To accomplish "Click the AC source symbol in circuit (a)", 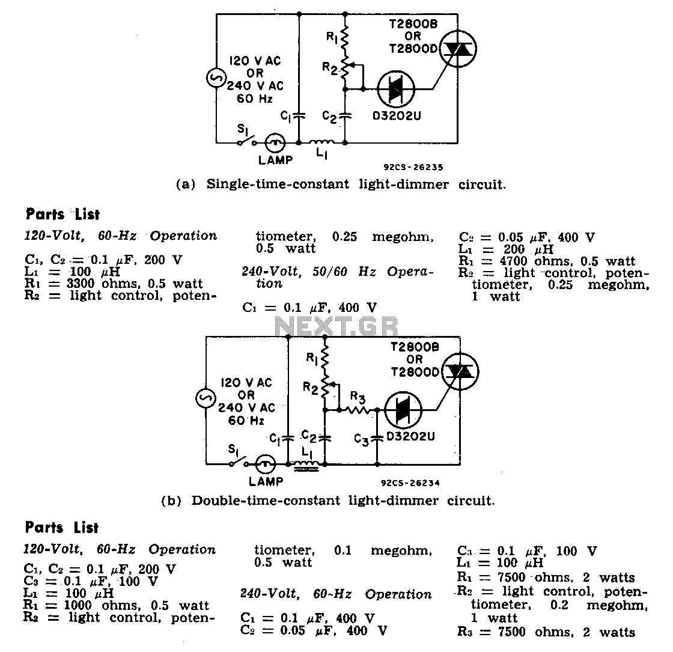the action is (216, 78).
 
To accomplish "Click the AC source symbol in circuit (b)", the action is (206, 398).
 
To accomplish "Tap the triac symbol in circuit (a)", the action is (458, 49).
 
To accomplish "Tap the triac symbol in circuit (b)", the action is (460, 371).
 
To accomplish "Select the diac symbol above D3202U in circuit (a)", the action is (396, 90).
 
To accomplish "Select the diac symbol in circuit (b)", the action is (403, 410).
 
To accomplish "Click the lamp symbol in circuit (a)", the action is (275, 142).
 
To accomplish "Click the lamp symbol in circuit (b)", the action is (266, 464).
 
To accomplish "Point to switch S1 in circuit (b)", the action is (239, 460).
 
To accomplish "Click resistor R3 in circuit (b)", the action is (357, 410).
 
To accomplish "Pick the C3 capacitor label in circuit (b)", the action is (361, 439).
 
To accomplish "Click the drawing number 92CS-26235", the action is (413, 168).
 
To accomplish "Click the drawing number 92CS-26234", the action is (410, 483).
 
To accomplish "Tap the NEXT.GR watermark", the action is (336, 327).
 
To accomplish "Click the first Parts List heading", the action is (62, 214).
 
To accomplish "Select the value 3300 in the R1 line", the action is (81, 284).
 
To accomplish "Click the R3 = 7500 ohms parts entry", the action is (546, 632).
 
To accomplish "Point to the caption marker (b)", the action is (171, 501).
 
